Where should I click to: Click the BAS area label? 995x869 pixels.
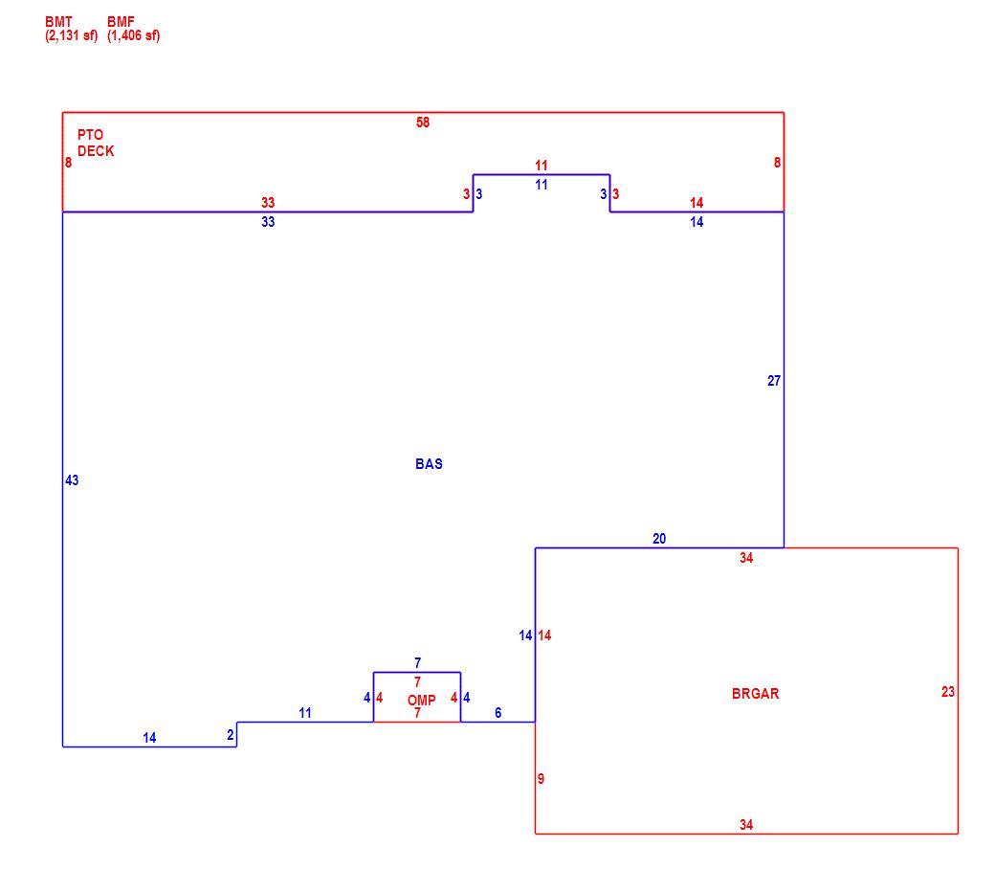[x=429, y=464]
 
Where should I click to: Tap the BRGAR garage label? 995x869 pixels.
[x=755, y=693]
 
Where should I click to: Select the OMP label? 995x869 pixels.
[x=421, y=701]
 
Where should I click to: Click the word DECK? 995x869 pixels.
[x=96, y=151]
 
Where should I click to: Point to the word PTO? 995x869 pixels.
[x=90, y=135]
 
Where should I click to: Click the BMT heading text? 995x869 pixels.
[x=58, y=22]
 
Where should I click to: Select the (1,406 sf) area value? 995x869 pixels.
[x=133, y=35]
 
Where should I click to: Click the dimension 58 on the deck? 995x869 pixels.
[x=423, y=123]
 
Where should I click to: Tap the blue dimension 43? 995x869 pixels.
[x=72, y=480]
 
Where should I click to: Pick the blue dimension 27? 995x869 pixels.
[x=774, y=381]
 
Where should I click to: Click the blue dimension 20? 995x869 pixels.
[x=659, y=539]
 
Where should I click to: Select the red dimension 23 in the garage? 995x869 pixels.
[x=948, y=692]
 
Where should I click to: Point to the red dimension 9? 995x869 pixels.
[x=541, y=779]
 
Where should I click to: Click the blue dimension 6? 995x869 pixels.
[x=498, y=713]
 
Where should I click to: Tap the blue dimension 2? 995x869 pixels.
[x=231, y=735]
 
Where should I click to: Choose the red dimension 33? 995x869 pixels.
[x=268, y=203]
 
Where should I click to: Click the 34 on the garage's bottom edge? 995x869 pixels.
[x=746, y=825]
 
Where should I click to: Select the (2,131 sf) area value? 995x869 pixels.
[x=71, y=35]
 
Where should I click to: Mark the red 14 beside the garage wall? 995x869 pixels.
[x=544, y=635]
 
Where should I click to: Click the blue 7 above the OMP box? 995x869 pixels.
[x=417, y=662]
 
